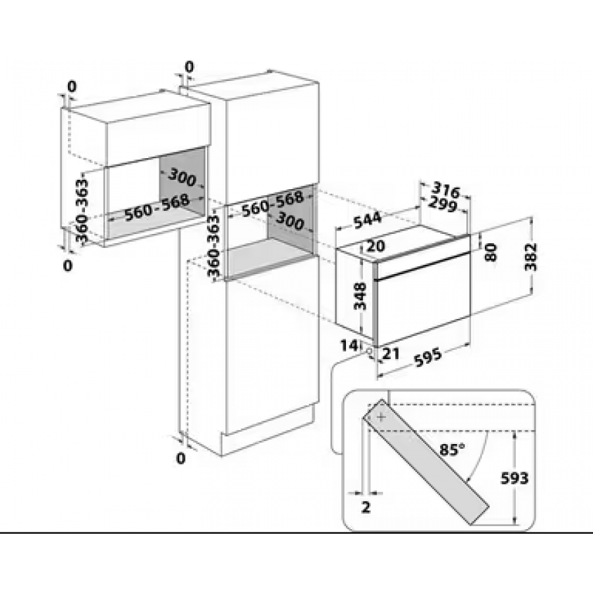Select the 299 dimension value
(444, 204)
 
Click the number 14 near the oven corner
(349, 345)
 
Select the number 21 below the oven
(391, 354)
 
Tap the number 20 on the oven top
(376, 246)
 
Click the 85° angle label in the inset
(452, 449)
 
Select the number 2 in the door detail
(366, 507)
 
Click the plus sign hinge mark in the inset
(382, 416)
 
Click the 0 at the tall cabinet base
(182, 457)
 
